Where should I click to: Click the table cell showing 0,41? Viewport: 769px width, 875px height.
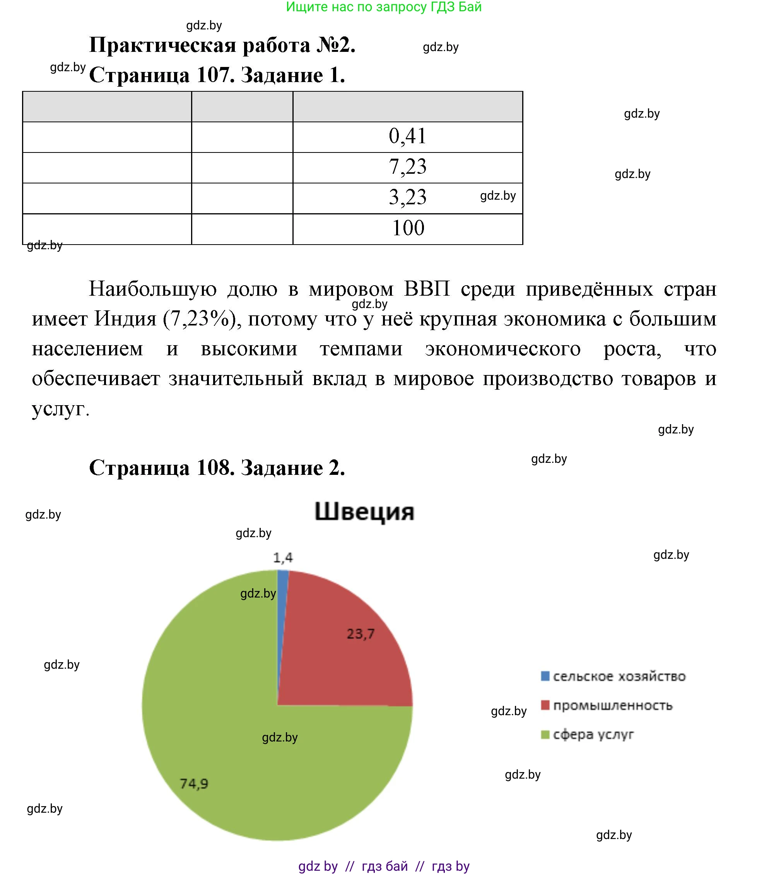pyautogui.click(x=407, y=137)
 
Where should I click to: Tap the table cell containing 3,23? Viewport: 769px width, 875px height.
pyautogui.click(x=407, y=197)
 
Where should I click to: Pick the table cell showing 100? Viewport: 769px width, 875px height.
pyautogui.click(x=408, y=228)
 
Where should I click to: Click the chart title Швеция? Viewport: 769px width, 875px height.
pyautogui.click(x=364, y=512)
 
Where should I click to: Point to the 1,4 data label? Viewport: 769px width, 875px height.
pyautogui.click(x=282, y=558)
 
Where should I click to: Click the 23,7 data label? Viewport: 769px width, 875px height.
pyautogui.click(x=360, y=634)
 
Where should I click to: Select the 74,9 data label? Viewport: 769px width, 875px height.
pyautogui.click(x=194, y=784)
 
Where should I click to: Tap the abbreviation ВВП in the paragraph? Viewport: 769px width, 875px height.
pyautogui.click(x=427, y=289)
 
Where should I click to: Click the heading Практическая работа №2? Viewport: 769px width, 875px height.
pyautogui.click(x=222, y=45)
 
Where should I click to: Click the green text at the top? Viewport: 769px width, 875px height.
pyautogui.click(x=383, y=7)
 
